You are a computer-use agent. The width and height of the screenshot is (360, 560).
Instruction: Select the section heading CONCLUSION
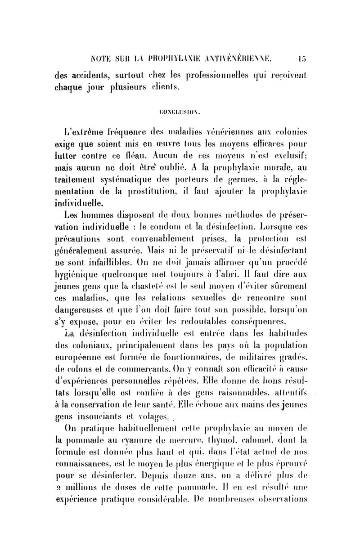tap(180, 109)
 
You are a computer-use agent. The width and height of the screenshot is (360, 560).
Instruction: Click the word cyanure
tap(139, 435)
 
